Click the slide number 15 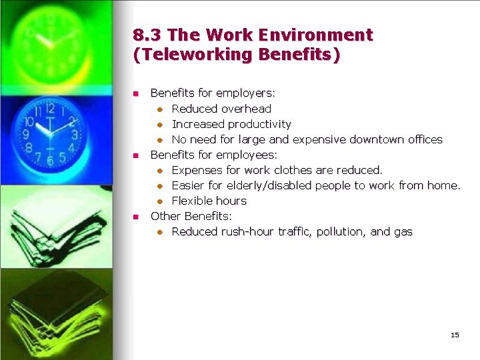click(x=455, y=335)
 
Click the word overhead click(x=246, y=109)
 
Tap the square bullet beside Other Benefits click(x=135, y=217)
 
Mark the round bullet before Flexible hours click(x=160, y=201)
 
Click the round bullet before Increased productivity click(x=160, y=125)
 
